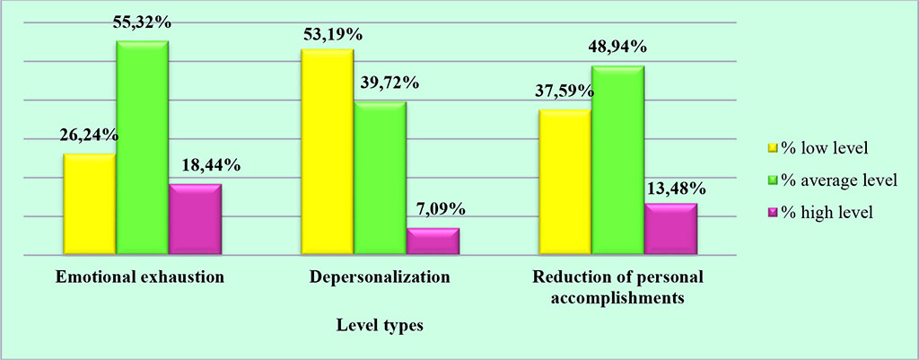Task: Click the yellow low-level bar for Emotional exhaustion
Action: tap(89, 205)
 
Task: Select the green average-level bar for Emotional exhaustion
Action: tap(142, 148)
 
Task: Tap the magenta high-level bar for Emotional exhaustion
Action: tap(195, 220)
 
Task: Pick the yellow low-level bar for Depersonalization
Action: tap(327, 153)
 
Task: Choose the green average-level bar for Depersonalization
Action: tap(380, 179)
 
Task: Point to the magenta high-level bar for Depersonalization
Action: tap(433, 241)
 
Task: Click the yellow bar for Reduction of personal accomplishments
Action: tap(564, 182)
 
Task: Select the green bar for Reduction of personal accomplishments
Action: tap(617, 161)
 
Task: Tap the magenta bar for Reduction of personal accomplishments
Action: tap(670, 230)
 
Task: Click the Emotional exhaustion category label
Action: tap(140, 278)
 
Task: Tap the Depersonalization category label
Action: tap(379, 278)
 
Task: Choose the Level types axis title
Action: tap(381, 326)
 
